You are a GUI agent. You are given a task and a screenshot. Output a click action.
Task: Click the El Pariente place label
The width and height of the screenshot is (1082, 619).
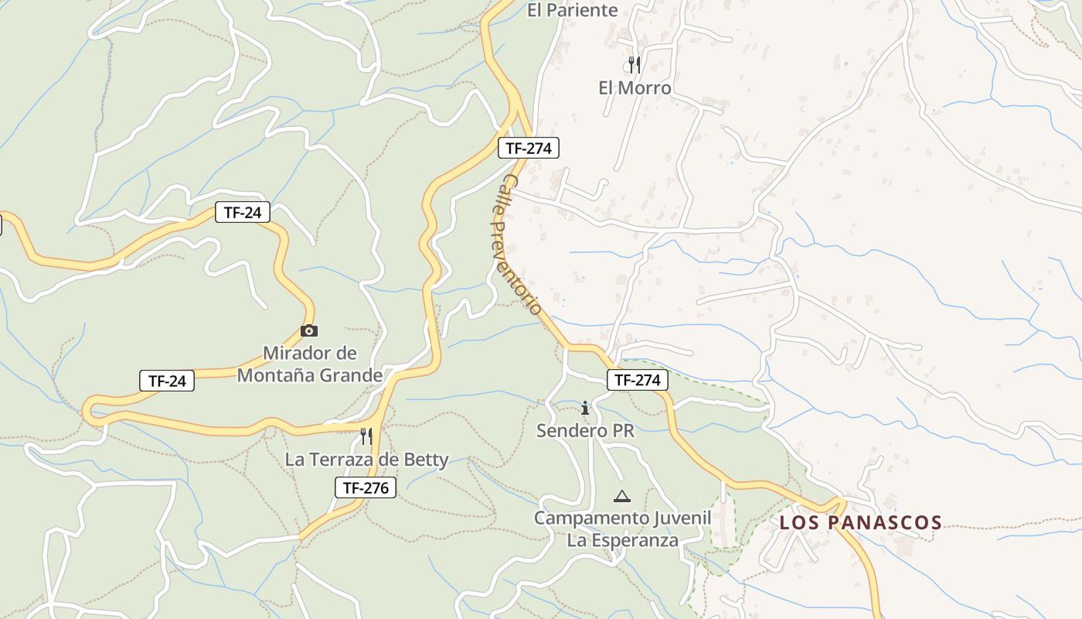click(x=573, y=10)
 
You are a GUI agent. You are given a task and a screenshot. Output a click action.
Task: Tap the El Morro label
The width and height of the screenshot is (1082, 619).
click(x=635, y=88)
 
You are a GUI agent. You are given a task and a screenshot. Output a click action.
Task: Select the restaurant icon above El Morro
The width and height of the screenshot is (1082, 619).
click(x=635, y=64)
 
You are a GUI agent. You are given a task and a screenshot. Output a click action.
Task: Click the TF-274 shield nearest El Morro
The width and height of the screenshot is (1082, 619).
click(x=528, y=148)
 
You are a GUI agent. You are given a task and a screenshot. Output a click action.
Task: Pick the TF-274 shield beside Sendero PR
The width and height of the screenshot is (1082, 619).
click(x=637, y=380)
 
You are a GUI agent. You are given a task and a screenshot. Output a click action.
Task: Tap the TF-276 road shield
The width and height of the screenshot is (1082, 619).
click(x=366, y=487)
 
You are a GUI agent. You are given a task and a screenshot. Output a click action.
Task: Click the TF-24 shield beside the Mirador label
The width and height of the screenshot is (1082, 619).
click(x=167, y=381)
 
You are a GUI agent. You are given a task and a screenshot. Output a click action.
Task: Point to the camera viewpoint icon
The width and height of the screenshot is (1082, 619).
click(x=309, y=330)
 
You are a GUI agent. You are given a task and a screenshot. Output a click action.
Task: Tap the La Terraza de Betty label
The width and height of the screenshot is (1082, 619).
click(x=366, y=460)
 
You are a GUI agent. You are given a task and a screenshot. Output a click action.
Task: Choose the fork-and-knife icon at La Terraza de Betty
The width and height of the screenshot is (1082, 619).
click(x=366, y=436)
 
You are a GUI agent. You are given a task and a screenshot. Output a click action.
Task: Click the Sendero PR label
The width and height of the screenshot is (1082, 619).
click(x=585, y=431)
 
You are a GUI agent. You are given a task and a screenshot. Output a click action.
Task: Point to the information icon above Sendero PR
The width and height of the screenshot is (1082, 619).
click(x=585, y=408)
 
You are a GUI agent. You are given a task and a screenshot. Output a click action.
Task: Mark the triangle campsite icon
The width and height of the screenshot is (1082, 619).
click(x=622, y=496)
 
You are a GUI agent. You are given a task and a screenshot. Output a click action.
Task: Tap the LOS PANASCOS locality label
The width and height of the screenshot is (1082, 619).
click(x=860, y=522)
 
